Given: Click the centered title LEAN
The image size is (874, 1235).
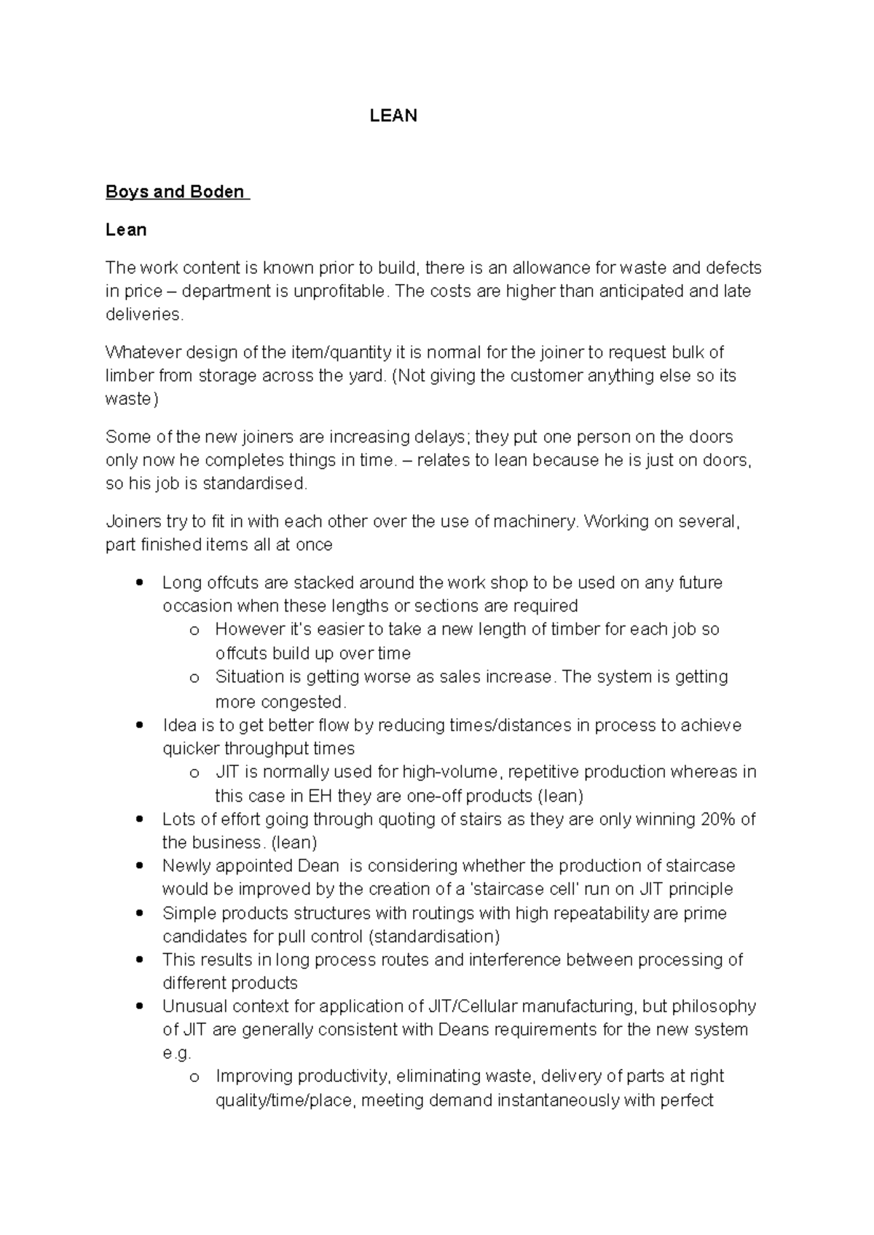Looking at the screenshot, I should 393,116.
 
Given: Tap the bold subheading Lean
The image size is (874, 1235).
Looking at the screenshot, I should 126,230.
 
